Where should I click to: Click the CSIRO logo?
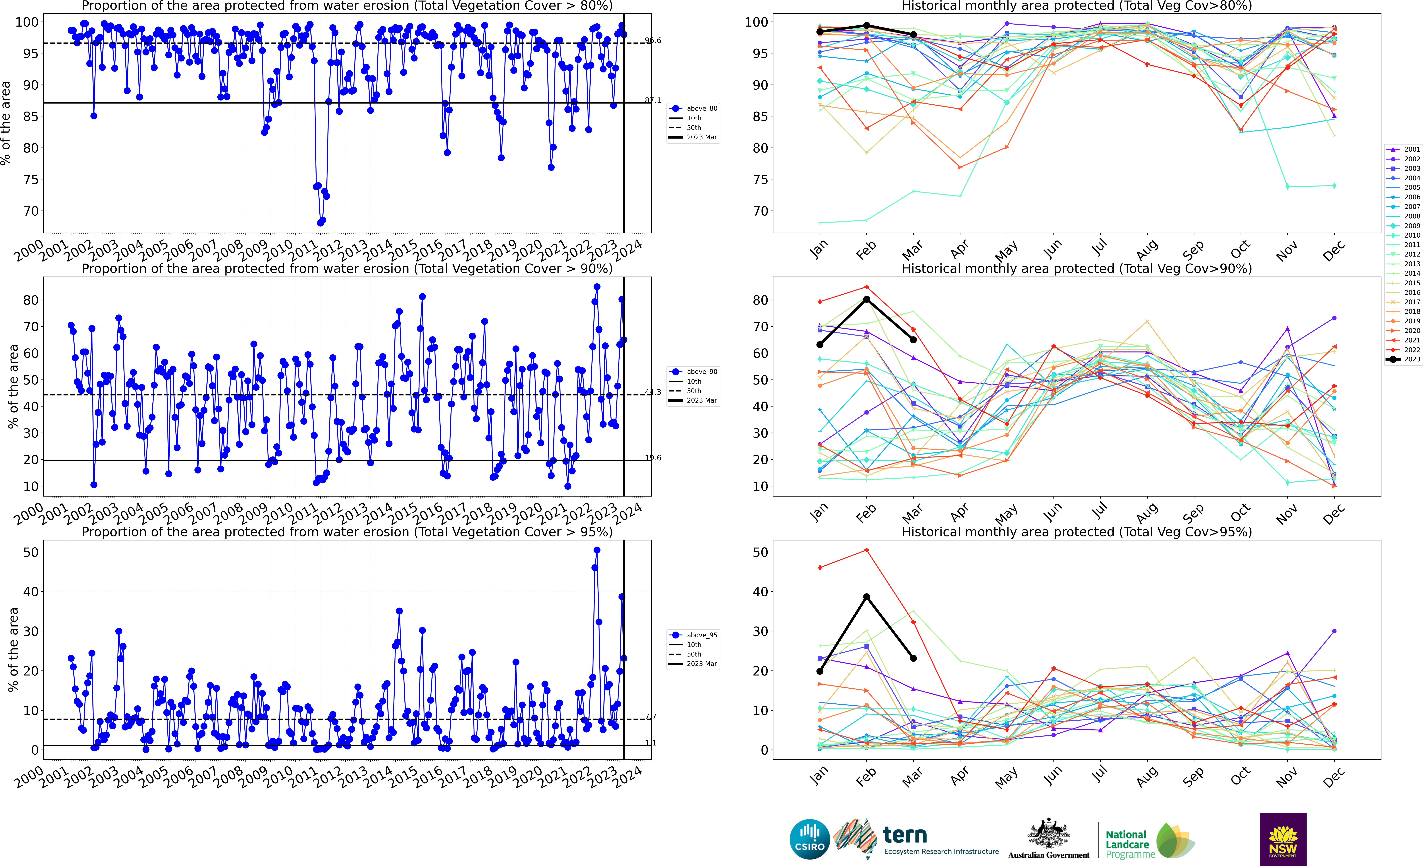[x=810, y=839]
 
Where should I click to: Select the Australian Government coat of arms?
[x=1048, y=834]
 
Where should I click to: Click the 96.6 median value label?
[x=653, y=40]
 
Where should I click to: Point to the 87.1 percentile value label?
[x=653, y=100]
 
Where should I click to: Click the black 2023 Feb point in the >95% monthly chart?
[x=866, y=597]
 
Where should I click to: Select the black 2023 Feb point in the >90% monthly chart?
[x=866, y=299]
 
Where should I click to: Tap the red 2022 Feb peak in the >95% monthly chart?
[x=866, y=550]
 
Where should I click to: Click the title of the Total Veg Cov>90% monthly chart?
[x=1077, y=269]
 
